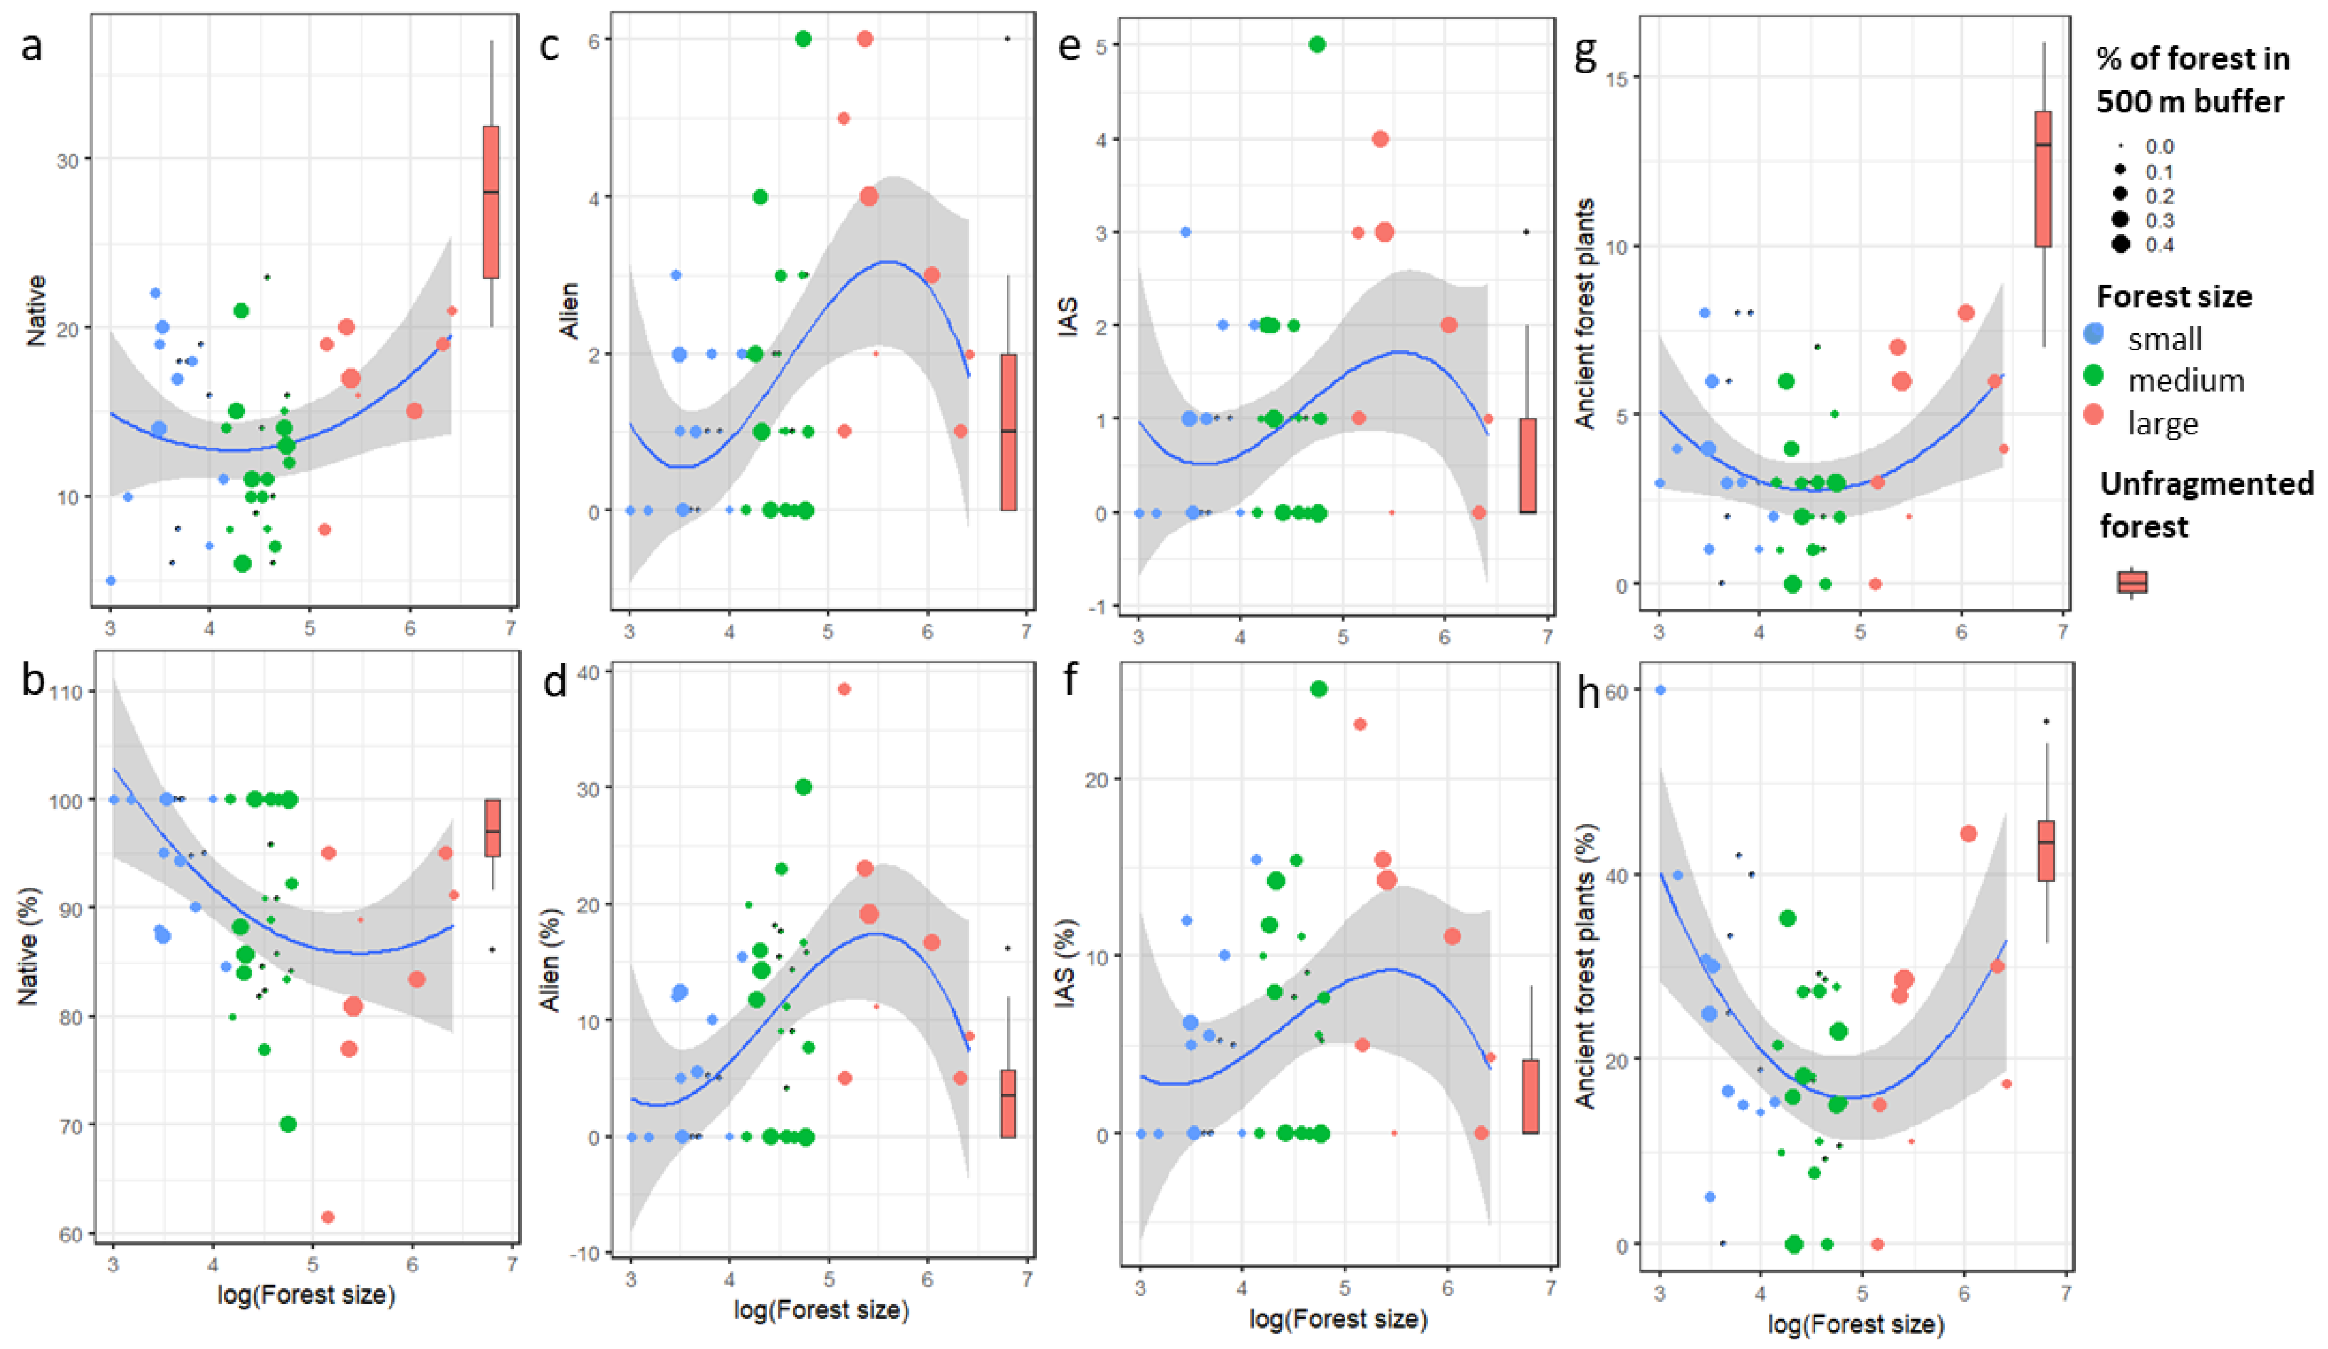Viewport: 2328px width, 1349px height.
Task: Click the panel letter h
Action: coord(1588,693)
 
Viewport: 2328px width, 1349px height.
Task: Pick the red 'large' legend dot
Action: coord(2094,416)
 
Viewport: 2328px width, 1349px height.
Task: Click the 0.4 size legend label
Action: coord(2160,245)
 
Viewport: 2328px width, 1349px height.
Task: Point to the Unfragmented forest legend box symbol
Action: coord(2132,582)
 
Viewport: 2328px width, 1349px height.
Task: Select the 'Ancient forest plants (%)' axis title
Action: coord(1585,988)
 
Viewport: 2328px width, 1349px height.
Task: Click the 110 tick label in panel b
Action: coord(67,692)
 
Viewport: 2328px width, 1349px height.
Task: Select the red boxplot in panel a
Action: coord(490,201)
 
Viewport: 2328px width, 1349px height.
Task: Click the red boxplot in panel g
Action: coord(2043,178)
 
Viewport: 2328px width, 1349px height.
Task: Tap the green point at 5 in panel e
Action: coord(1317,44)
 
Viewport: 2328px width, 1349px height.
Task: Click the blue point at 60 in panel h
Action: coord(1660,689)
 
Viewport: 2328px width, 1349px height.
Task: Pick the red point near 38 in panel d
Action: coord(844,689)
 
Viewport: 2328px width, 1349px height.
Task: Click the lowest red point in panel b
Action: coord(327,1217)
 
